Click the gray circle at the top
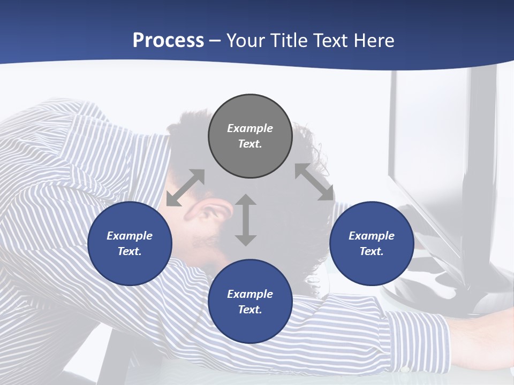250,136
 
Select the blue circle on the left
130,244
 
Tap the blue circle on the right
372,244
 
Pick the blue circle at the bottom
250,302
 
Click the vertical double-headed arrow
246,220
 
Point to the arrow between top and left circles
186,188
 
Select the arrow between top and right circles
314,182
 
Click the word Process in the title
168,40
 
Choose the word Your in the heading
247,40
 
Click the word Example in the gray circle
250,128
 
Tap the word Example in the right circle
372,236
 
